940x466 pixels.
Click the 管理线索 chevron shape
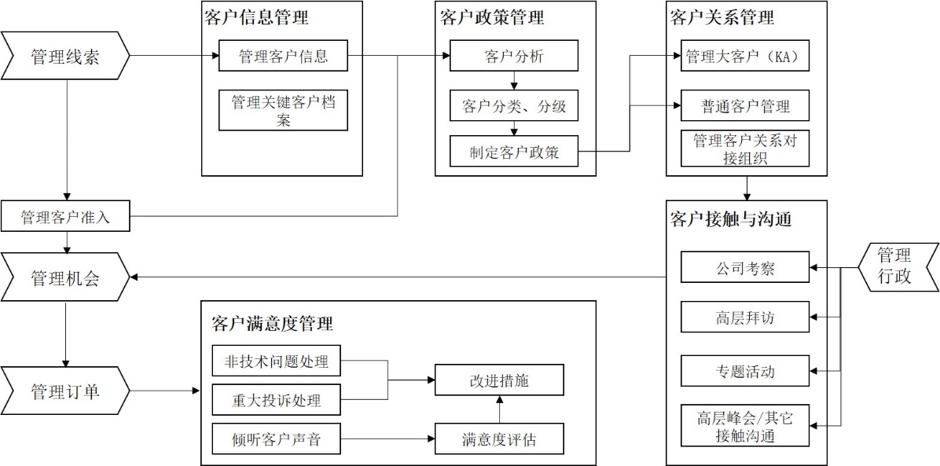click(x=65, y=56)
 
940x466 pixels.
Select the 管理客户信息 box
click(x=283, y=56)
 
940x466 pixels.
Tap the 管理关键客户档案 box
click(x=283, y=111)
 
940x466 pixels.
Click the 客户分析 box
click(x=514, y=56)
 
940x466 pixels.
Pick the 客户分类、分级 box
click(x=514, y=106)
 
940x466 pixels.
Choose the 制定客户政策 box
click(x=514, y=152)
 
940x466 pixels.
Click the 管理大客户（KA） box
click(x=745, y=56)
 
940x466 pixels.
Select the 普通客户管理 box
click(x=745, y=106)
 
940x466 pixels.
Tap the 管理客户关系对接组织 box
click(x=745, y=148)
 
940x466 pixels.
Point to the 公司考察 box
click(x=745, y=267)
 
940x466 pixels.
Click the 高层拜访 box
click(x=745, y=317)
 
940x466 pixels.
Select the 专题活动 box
click(x=745, y=371)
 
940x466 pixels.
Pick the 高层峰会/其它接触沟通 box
click(x=745, y=425)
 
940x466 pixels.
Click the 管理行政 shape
click(x=895, y=267)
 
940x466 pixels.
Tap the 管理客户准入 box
click(x=65, y=217)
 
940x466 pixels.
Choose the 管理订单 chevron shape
click(x=65, y=391)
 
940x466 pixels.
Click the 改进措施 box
click(x=499, y=380)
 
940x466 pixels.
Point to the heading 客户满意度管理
click(x=272, y=323)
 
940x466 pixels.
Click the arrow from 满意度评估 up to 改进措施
click(x=499, y=410)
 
